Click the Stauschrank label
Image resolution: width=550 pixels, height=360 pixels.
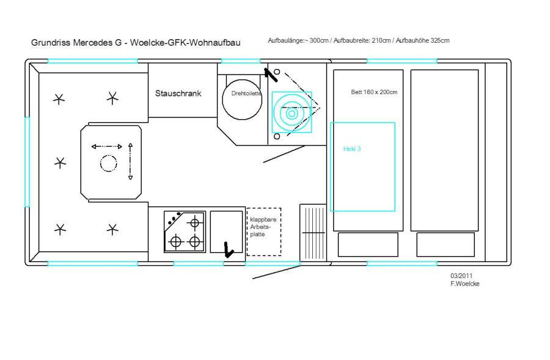pyautogui.click(x=178, y=94)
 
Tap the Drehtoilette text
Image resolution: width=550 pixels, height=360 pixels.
pyautogui.click(x=246, y=94)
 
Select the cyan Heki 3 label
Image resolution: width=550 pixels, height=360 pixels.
pyautogui.click(x=352, y=149)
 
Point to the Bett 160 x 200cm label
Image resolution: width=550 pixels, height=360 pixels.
pyautogui.click(x=374, y=92)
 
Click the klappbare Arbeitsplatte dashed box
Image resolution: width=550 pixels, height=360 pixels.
pyautogui.click(x=264, y=232)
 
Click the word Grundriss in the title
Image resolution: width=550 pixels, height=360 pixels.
pyautogui.click(x=51, y=42)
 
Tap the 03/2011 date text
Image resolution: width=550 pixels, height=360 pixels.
pyautogui.click(x=461, y=276)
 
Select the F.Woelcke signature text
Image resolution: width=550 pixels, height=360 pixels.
pyautogui.click(x=465, y=284)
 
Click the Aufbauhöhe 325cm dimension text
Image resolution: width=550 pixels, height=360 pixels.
pyautogui.click(x=422, y=40)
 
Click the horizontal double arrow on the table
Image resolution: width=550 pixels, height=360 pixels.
pyautogui.click(x=106, y=147)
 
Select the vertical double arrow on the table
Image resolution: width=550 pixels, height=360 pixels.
pyautogui.click(x=131, y=161)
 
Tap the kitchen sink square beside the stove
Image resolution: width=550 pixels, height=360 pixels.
pyautogui.click(x=226, y=232)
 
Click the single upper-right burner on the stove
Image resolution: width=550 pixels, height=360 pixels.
pyautogui.click(x=194, y=223)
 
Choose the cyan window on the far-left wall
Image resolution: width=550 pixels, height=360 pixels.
pyautogui.click(x=27, y=162)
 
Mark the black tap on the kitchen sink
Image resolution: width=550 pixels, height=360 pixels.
pyautogui.click(x=229, y=250)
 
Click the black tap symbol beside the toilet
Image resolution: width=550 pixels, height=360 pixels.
pyautogui.click(x=271, y=75)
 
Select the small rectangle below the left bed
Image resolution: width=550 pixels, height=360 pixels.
pyautogui.click(x=368, y=244)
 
